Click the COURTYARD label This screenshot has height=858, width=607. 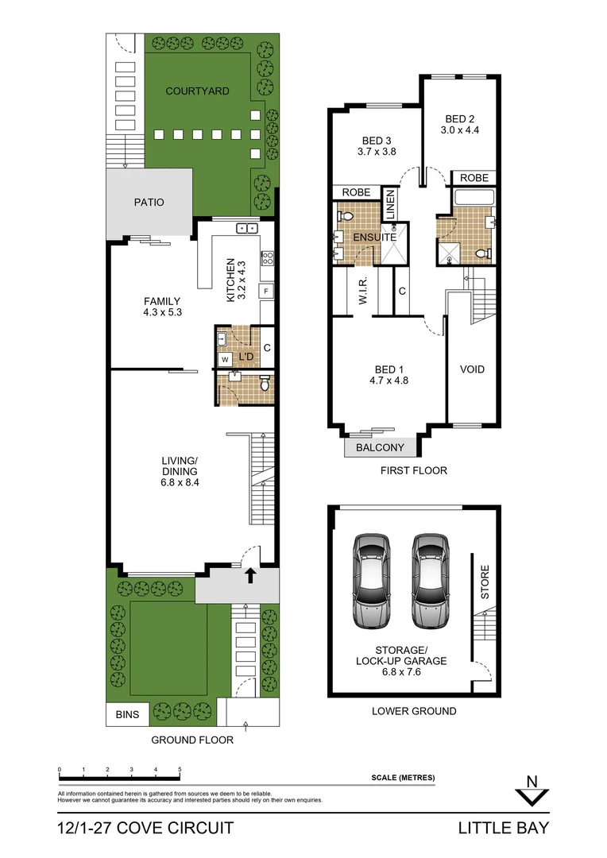click(x=197, y=91)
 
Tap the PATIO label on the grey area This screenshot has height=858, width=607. click(x=149, y=203)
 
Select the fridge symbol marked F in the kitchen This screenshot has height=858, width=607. click(x=265, y=290)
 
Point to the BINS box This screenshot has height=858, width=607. click(x=127, y=714)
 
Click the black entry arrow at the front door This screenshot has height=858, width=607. click(x=251, y=575)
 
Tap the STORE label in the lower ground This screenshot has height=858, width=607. click(x=485, y=582)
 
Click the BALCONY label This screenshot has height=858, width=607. click(x=380, y=448)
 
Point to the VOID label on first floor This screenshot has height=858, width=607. click(x=472, y=369)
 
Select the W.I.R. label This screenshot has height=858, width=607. click(x=361, y=292)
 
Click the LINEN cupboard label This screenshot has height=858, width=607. click(x=390, y=205)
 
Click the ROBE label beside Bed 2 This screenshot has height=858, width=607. click(x=474, y=178)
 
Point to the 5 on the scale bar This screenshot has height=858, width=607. click(x=180, y=770)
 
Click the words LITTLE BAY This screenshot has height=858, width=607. click(x=503, y=829)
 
